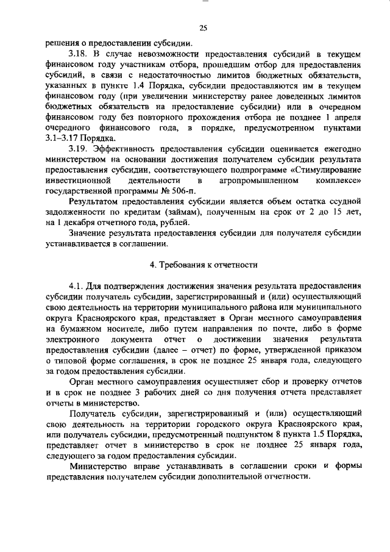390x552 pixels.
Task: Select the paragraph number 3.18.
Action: click(79, 54)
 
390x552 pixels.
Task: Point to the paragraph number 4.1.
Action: click(78, 285)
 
